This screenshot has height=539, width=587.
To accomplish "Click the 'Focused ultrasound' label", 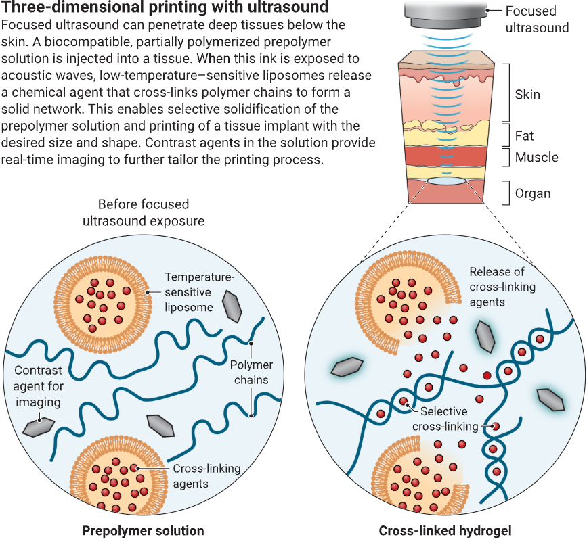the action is (537, 20).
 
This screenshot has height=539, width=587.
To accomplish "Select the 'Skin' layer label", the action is (527, 95).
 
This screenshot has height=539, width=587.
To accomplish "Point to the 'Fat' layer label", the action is (524, 136).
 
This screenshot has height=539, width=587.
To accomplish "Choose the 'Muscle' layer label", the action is (536, 157).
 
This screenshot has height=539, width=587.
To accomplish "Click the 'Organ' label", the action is (533, 193).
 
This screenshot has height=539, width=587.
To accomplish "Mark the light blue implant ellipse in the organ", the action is (447, 181).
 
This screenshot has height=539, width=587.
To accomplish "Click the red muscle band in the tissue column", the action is (445, 156).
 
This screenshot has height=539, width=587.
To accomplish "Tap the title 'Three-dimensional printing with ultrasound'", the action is (165, 7).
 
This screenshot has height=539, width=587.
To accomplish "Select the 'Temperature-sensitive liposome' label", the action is (199, 292).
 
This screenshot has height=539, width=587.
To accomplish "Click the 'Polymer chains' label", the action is (251, 372).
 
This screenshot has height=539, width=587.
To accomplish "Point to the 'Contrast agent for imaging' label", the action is (38, 386).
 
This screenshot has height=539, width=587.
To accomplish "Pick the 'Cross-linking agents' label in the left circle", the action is (206, 476).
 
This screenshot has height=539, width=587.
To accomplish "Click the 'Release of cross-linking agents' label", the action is (502, 287).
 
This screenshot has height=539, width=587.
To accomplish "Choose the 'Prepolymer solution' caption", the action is (143, 530).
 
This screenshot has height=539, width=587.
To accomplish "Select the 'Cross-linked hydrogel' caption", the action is (445, 530).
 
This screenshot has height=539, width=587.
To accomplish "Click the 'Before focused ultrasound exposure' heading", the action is (144, 212).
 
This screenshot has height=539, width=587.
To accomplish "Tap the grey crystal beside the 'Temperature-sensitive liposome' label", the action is (232, 306).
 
